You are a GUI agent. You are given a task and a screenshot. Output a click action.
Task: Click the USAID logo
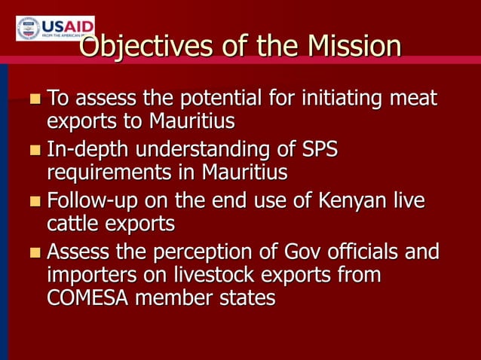coord(55,28)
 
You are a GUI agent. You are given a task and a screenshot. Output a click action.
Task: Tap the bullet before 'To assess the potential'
coord(35,99)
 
